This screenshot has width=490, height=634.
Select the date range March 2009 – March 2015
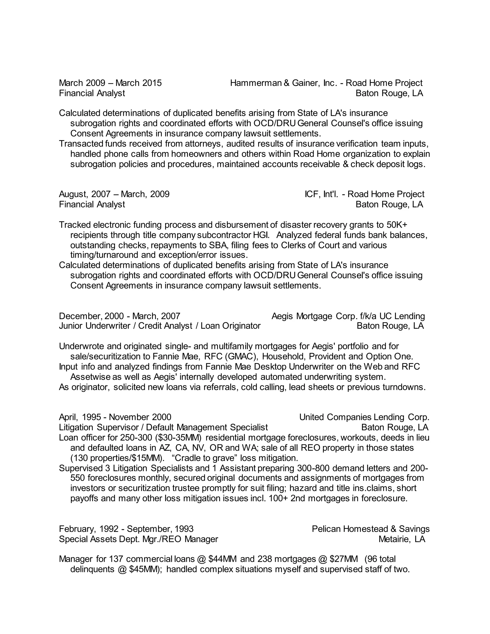click(x=110, y=83)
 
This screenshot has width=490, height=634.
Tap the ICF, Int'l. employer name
click(x=321, y=194)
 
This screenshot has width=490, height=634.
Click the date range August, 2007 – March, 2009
click(x=114, y=194)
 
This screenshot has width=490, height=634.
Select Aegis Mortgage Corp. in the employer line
click(x=314, y=316)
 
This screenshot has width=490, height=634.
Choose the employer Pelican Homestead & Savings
click(x=371, y=529)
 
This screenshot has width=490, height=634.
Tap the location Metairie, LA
click(x=401, y=539)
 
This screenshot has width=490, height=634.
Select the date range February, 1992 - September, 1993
click(x=126, y=529)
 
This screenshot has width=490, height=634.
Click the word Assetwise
click(x=90, y=377)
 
